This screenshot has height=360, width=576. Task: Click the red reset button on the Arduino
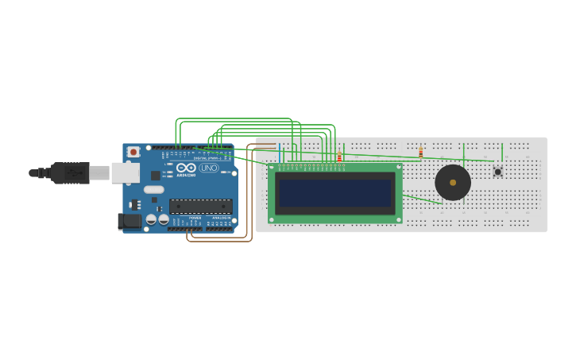tap(133, 152)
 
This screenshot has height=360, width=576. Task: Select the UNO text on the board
tap(209, 168)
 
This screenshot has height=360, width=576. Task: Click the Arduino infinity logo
tap(186, 168)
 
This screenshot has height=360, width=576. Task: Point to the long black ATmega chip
tap(200, 206)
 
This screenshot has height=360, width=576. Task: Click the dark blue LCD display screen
tap(335, 192)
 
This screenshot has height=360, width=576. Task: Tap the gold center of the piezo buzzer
tap(453, 183)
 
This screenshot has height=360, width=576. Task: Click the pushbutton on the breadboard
tap(498, 172)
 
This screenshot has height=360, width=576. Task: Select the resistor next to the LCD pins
tap(339, 157)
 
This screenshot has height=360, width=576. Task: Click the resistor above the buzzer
tap(421, 152)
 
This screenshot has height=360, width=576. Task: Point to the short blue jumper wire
tap(280, 153)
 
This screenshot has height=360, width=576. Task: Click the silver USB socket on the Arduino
tap(125, 172)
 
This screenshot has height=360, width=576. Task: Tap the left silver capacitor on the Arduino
tap(151, 219)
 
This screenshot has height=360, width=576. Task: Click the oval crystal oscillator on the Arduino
tap(154, 190)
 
